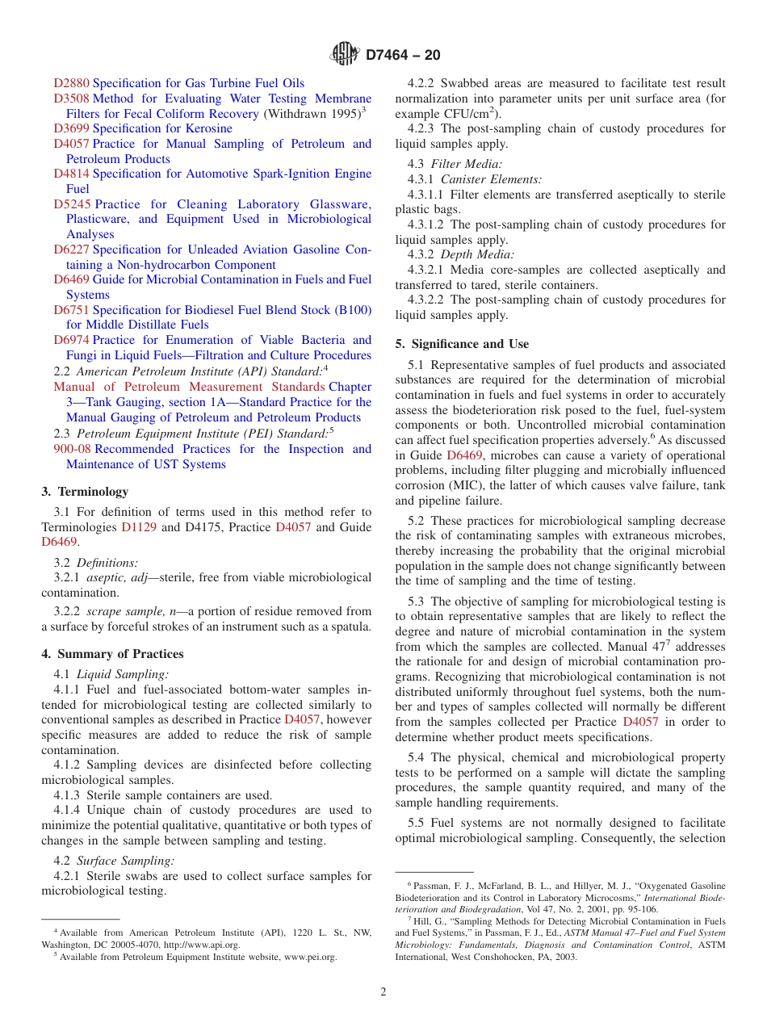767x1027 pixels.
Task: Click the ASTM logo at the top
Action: pos(345,55)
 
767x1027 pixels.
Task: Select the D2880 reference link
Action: pos(72,83)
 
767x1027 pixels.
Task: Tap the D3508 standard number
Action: pos(72,99)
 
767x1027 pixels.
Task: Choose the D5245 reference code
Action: pos(72,204)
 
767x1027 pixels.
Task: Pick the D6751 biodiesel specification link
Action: pos(72,310)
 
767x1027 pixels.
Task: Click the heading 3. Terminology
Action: pos(85,492)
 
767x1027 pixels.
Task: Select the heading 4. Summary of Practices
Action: pos(112,654)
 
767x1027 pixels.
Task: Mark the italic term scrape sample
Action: pos(122,611)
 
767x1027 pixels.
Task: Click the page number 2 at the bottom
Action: pos(383,992)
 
